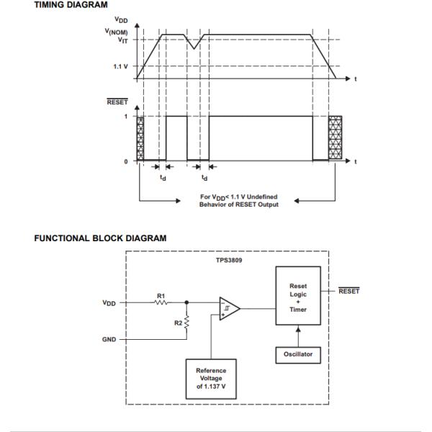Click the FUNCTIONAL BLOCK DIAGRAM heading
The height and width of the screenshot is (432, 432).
click(100, 238)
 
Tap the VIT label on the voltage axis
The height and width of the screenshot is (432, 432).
click(122, 40)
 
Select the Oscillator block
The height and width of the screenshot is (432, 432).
click(297, 354)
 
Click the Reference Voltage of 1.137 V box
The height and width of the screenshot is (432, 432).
click(210, 378)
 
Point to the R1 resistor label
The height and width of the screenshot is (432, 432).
click(161, 294)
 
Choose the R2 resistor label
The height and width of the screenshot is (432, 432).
click(178, 323)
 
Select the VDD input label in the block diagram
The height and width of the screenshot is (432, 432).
click(109, 303)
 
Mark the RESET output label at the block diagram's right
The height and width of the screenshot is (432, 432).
click(348, 291)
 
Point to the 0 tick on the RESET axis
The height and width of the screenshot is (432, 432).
click(126, 161)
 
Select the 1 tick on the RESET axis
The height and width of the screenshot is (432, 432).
click(126, 116)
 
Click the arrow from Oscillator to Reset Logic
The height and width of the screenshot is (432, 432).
click(297, 336)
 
